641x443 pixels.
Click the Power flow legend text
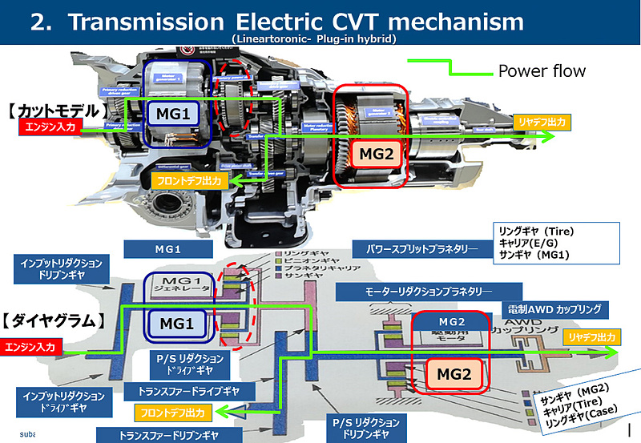pyautogui.click(x=542, y=70)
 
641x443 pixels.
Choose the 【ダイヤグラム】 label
pyautogui.click(x=54, y=321)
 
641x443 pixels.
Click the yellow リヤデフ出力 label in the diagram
pyautogui.click(x=591, y=338)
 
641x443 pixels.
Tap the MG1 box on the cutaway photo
pyautogui.click(x=180, y=115)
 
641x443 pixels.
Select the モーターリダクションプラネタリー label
pyautogui.click(x=414, y=290)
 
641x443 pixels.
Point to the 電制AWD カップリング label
pyautogui.click(x=554, y=308)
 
